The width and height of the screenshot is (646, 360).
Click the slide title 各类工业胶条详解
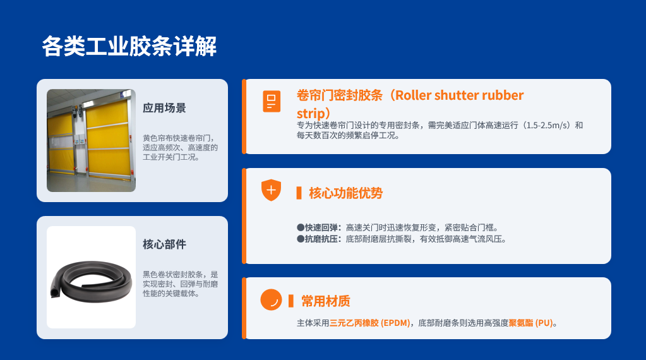(129, 46)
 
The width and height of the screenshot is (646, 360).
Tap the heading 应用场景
(164, 108)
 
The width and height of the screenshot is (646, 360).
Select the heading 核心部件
(164, 244)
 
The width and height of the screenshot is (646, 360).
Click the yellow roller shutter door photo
(91, 140)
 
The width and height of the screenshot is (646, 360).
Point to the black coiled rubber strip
(91, 280)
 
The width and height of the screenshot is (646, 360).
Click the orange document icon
(272, 101)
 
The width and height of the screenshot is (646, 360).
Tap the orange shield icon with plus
(271, 190)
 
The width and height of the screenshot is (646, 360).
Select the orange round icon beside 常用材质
(271, 299)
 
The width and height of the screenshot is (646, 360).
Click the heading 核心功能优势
(345, 193)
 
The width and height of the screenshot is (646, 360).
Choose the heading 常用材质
(325, 301)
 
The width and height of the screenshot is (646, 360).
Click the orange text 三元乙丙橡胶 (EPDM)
(369, 323)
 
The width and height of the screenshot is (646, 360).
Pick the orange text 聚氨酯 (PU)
(530, 323)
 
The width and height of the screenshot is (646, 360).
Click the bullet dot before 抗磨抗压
(301, 239)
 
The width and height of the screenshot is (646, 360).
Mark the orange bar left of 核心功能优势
(299, 193)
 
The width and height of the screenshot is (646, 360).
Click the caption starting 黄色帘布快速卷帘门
(180, 147)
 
